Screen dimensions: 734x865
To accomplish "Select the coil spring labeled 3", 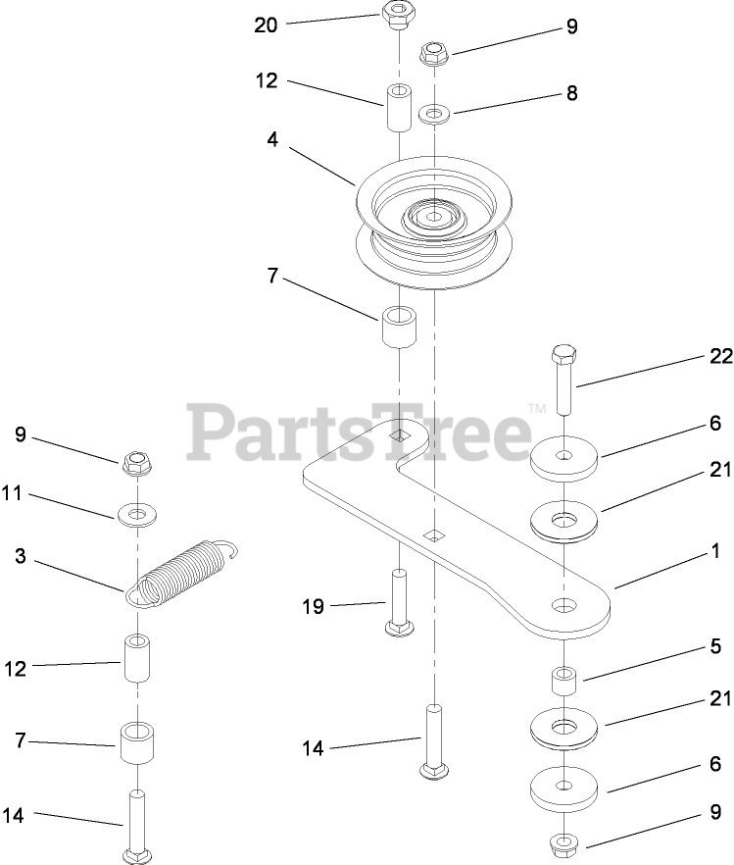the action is [186, 574].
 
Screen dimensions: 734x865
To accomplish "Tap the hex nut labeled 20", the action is [394, 17].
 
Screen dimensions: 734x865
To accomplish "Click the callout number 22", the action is [720, 358].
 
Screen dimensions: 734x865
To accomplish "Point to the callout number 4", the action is [271, 140].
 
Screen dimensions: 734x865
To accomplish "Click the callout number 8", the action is [570, 94].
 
